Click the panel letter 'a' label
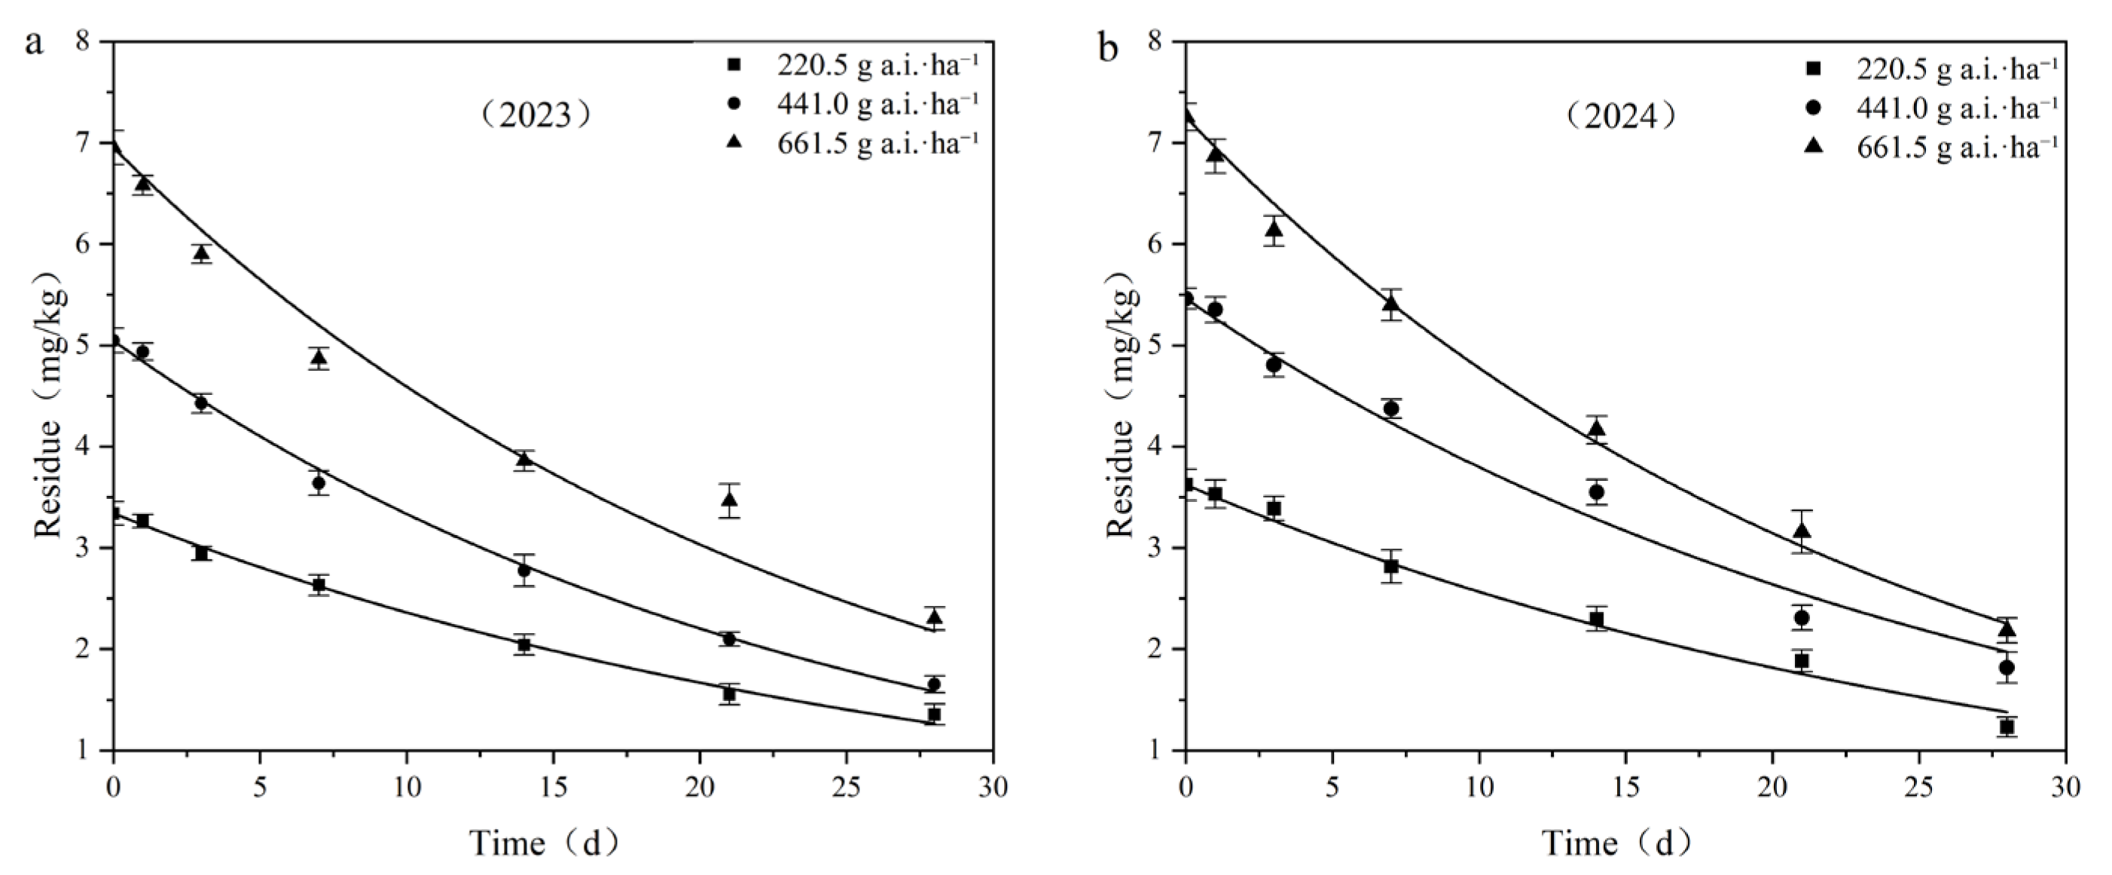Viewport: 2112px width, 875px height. coord(34,43)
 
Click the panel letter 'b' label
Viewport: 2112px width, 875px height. coord(1108,47)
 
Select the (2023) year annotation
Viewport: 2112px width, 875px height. coord(536,115)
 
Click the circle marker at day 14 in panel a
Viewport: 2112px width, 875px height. coord(525,570)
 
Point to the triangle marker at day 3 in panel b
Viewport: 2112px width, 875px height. coord(1273,230)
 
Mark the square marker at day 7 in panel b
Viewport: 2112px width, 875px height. coord(1391,566)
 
